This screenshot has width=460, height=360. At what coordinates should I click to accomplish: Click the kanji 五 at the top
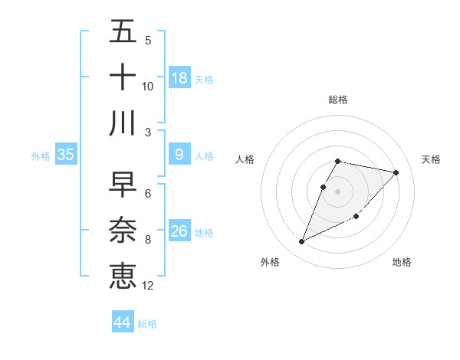pos(123,32)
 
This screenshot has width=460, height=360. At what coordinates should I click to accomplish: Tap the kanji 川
pos(123,123)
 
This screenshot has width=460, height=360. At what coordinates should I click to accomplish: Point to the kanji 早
pos(123,185)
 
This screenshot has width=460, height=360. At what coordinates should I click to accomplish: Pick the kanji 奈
pos(123,231)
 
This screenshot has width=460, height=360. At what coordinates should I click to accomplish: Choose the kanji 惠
pos(123,276)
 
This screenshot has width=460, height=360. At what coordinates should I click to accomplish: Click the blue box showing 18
pos(179,78)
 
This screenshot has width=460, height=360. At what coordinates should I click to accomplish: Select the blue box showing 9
pos(179,155)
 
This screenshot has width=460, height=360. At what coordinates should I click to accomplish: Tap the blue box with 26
pos(179,231)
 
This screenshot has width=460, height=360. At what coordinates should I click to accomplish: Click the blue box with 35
pos(65,155)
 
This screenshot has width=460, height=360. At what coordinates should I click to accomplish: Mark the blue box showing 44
pos(122,322)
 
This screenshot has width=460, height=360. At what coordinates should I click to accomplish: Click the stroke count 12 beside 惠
pos(148,286)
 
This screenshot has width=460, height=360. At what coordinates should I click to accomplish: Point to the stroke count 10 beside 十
pos(148,86)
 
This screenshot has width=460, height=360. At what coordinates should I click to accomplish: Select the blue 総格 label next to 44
pos(147,324)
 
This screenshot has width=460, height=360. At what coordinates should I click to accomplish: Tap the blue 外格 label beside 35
pos(41,156)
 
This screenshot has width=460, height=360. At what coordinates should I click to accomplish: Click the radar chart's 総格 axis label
pos(338,100)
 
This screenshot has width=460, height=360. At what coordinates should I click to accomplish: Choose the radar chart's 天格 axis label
pos(432,159)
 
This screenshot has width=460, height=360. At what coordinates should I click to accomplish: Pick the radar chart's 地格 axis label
pos(402,262)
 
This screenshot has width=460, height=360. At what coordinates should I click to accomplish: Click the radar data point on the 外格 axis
pos(302,242)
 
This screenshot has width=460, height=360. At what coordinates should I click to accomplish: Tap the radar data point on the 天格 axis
pos(396,172)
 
